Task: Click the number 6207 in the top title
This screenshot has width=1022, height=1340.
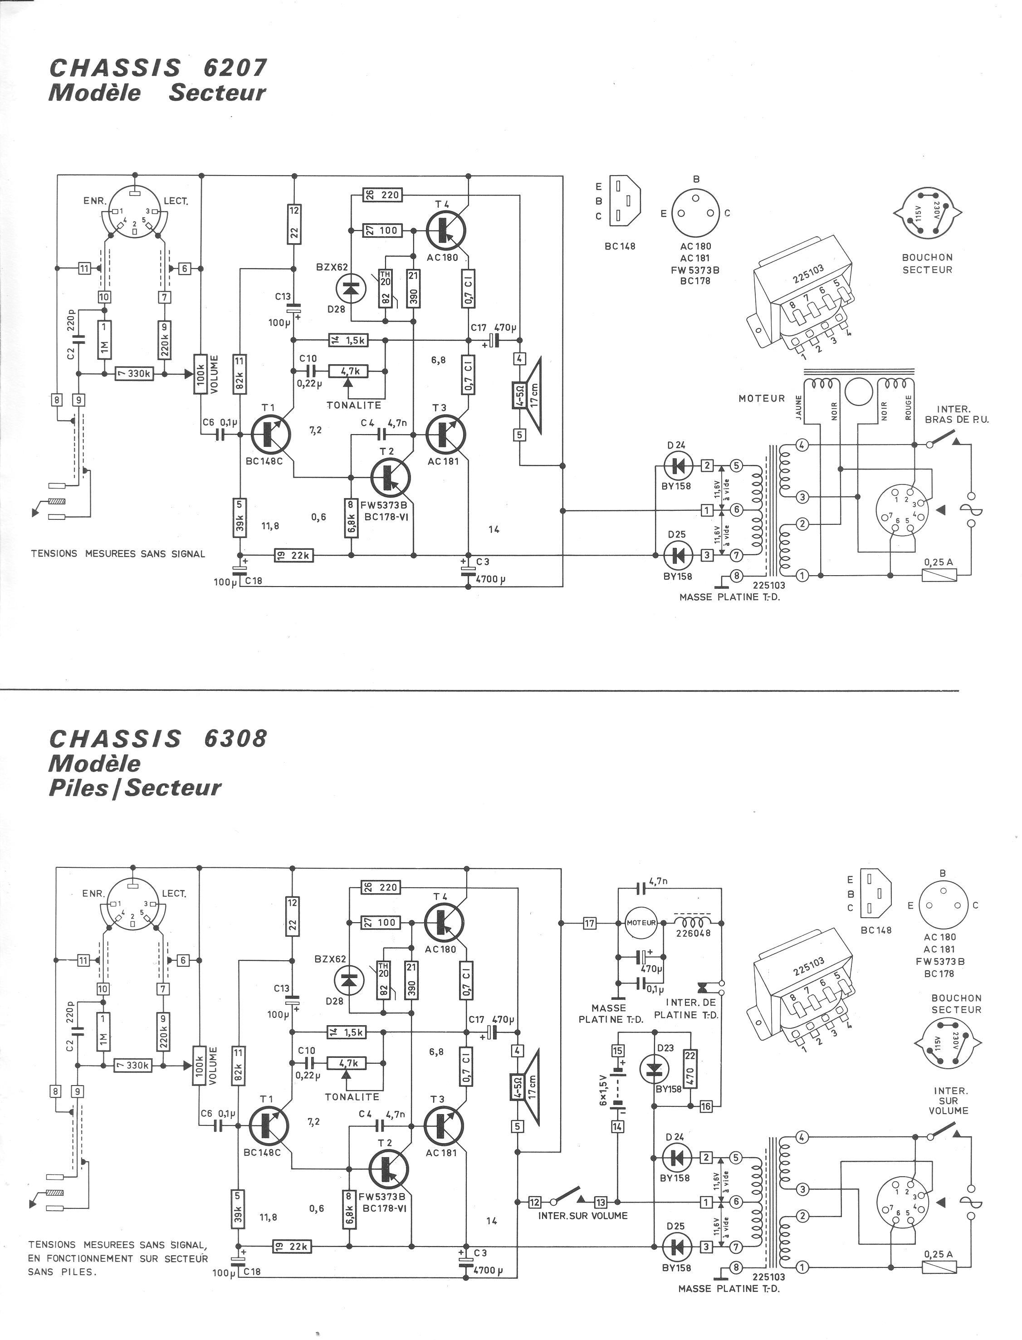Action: pyautogui.click(x=235, y=68)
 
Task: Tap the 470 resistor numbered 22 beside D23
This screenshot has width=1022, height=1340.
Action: pyautogui.click(x=690, y=1067)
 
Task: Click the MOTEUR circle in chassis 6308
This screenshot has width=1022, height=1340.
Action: pyautogui.click(x=641, y=923)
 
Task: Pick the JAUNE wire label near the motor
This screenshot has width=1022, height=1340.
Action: pyautogui.click(x=799, y=407)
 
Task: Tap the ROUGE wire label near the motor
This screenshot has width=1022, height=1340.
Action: pyautogui.click(x=908, y=407)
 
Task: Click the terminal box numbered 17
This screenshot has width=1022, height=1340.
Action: pyautogui.click(x=589, y=923)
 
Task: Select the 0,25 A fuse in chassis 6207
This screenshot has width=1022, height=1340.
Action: pyautogui.click(x=940, y=574)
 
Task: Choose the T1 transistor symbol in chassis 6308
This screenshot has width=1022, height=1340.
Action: pyautogui.click(x=268, y=1125)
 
